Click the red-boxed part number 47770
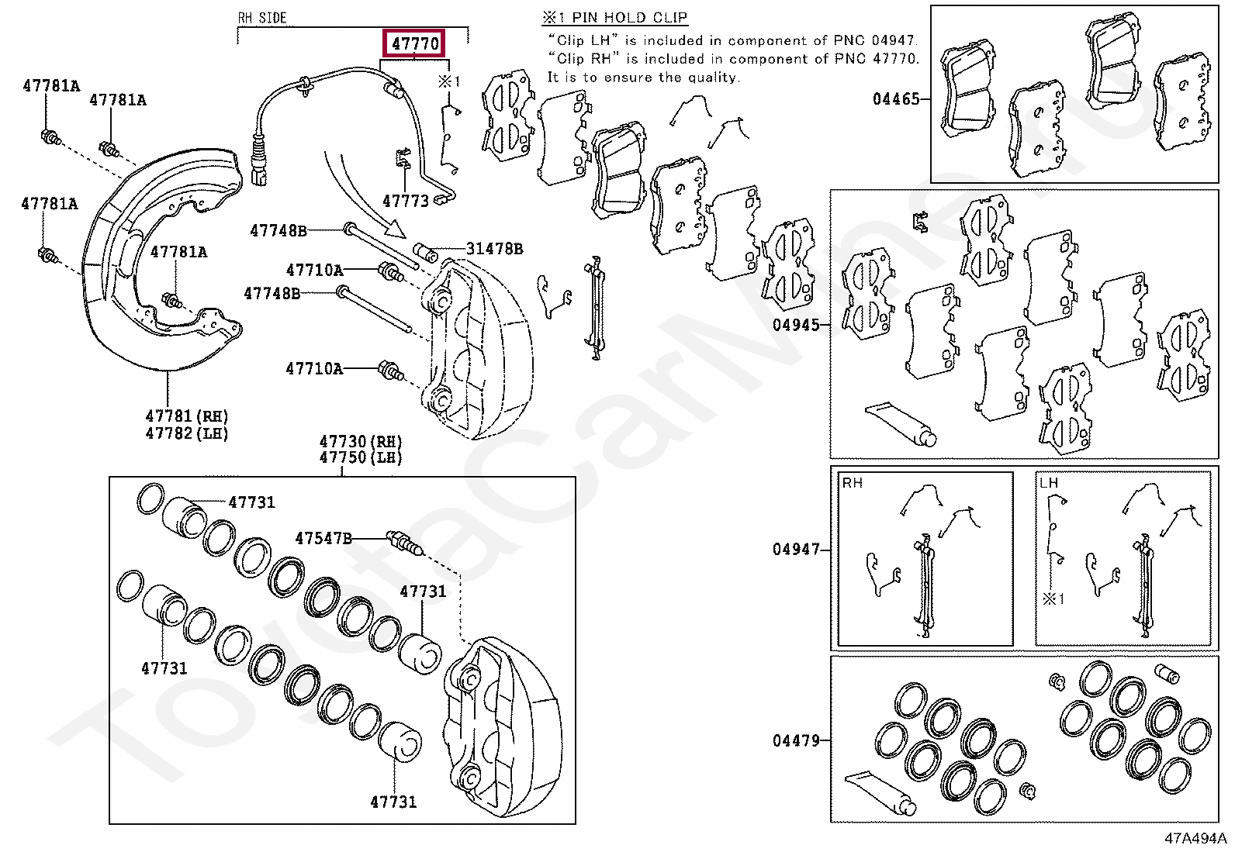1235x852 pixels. (x=415, y=43)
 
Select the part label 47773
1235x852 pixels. (x=405, y=202)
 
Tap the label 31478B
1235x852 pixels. (x=494, y=249)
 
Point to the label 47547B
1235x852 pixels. (x=323, y=538)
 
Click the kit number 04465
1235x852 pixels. (x=895, y=98)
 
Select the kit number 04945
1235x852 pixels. (x=796, y=325)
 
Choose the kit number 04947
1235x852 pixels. (x=796, y=550)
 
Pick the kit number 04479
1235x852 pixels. (x=796, y=740)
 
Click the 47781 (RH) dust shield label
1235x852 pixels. (x=187, y=416)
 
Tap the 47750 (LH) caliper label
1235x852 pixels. (x=361, y=457)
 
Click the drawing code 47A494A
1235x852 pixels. (x=1195, y=838)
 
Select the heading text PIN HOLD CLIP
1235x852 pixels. (x=629, y=18)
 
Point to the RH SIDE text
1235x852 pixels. (x=261, y=18)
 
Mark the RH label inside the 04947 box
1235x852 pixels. (x=852, y=483)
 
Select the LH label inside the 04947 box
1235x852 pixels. (x=1048, y=483)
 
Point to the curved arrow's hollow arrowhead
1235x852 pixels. (x=396, y=229)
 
